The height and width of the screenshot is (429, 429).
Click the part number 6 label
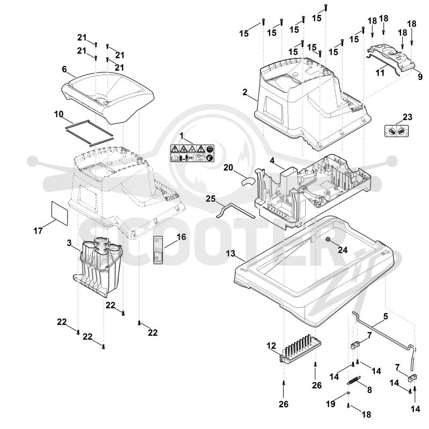[x=64, y=69]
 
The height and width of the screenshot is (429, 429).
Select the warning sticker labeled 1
[x=192, y=153]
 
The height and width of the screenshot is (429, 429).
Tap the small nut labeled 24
[x=327, y=239]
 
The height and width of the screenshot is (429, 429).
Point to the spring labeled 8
[x=354, y=380]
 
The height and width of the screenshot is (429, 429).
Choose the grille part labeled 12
[x=300, y=349]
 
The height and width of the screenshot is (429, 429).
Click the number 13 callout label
[x=231, y=253]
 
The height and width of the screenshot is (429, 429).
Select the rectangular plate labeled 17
[x=60, y=213]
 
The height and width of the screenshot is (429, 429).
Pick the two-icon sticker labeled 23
[x=396, y=131]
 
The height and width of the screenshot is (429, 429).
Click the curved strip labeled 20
[x=248, y=182]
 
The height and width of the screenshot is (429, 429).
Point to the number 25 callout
[x=211, y=198]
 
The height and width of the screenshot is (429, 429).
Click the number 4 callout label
[x=272, y=160]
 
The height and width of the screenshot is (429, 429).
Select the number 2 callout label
[x=245, y=92]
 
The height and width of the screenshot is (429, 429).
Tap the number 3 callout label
[x=69, y=243]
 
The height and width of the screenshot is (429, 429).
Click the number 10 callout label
[x=59, y=114]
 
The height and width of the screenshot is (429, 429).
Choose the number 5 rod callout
[x=386, y=316]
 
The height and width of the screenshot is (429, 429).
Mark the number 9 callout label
[x=420, y=77]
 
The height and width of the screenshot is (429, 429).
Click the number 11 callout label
[x=380, y=73]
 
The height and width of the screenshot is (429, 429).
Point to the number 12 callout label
[x=271, y=346]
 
